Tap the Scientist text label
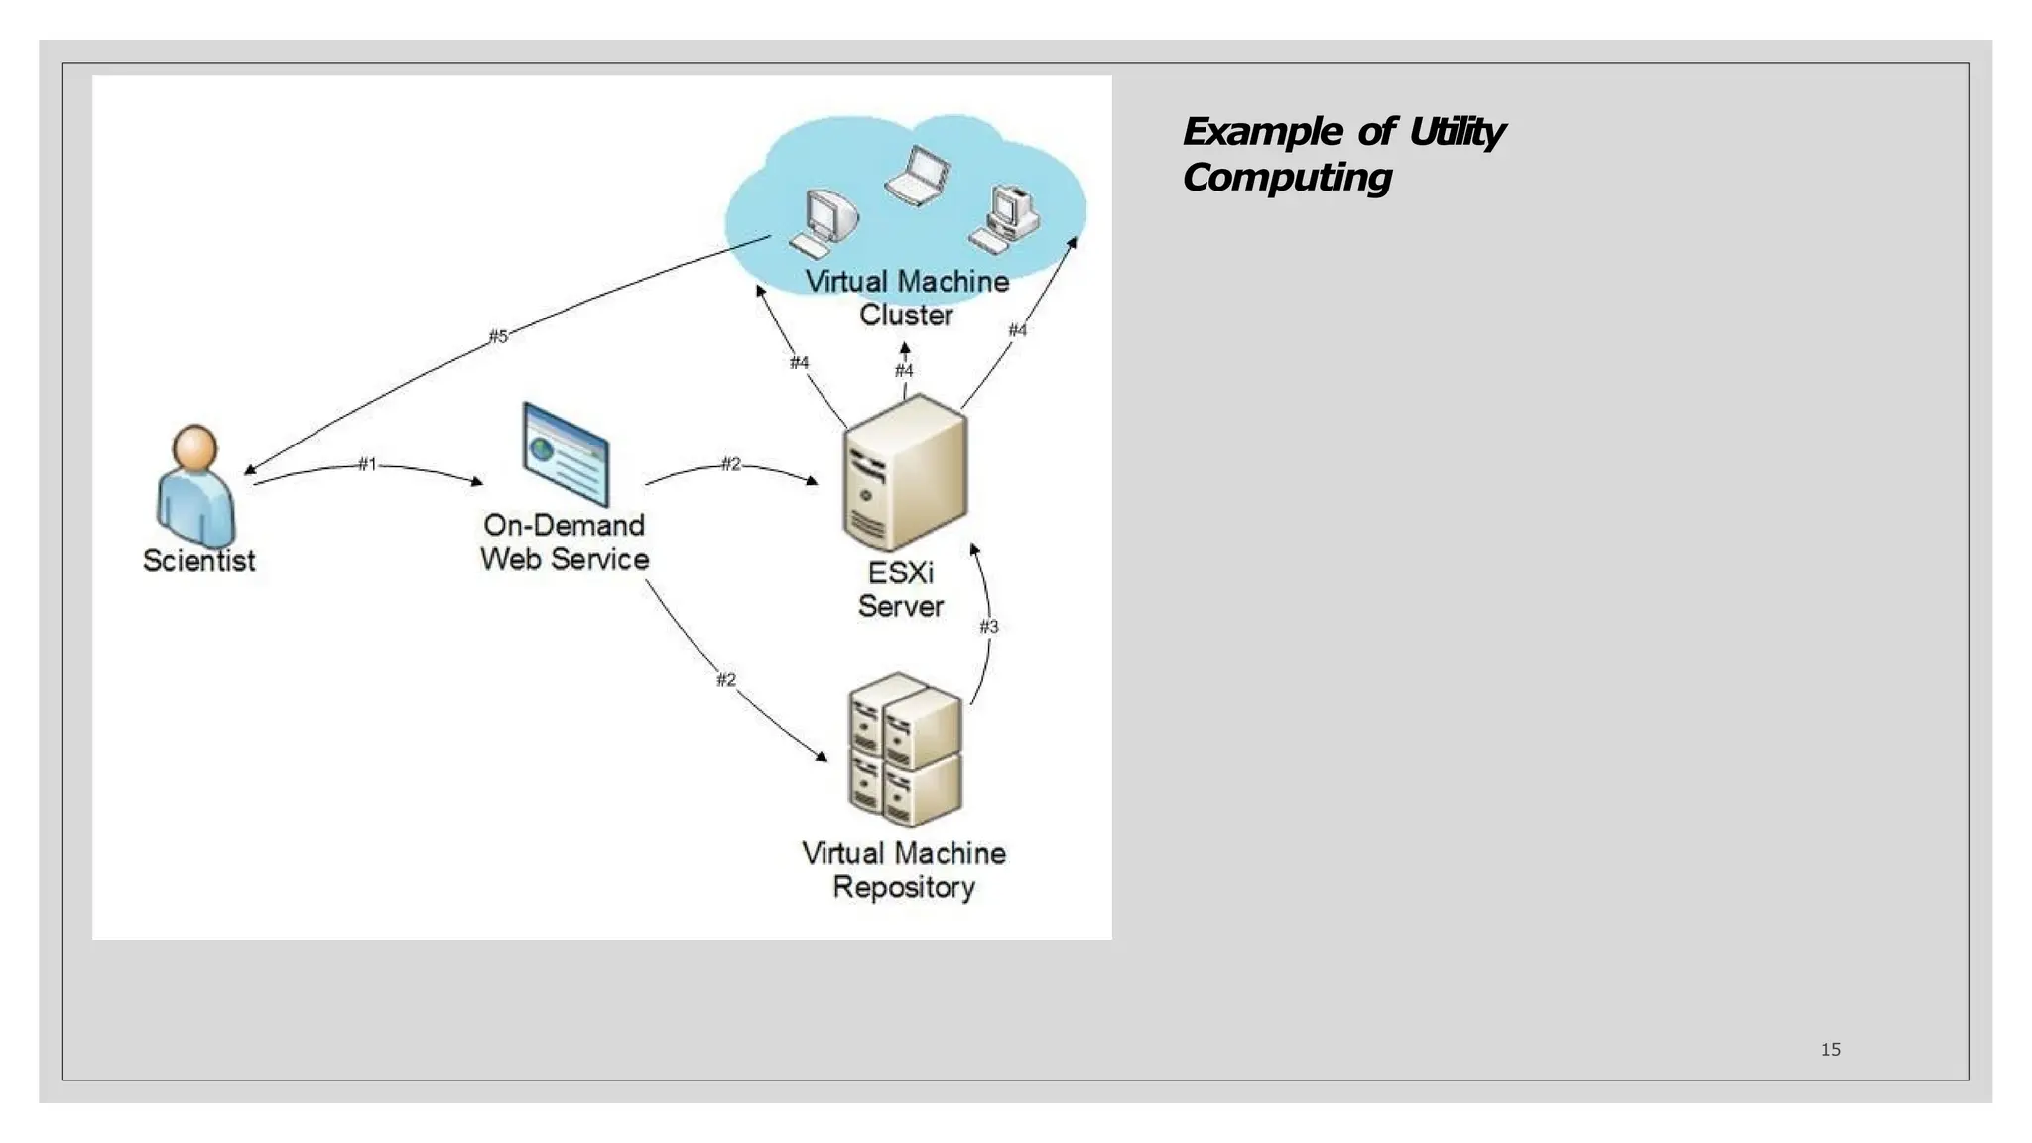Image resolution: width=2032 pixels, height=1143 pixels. (198, 561)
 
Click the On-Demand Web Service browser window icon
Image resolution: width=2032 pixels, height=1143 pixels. (566, 454)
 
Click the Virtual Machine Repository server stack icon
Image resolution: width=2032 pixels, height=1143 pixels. (905, 750)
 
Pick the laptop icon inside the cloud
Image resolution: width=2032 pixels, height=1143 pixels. (918, 177)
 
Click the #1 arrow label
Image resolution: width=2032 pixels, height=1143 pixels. (367, 463)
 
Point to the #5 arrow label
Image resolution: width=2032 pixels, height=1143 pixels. (498, 336)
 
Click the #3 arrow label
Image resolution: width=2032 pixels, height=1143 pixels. (989, 626)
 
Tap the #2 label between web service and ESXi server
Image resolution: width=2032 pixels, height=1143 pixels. (730, 463)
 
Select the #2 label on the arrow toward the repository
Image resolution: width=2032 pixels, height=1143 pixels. (726, 679)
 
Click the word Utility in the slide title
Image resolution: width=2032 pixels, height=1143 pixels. (1456, 131)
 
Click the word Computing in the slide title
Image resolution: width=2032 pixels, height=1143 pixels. (1287, 178)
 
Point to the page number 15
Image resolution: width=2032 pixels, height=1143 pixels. (1830, 1049)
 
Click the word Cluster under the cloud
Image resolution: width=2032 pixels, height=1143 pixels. (905, 316)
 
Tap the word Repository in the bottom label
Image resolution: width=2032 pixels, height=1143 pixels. (903, 887)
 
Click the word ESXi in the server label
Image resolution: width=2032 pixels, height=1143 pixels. (901, 573)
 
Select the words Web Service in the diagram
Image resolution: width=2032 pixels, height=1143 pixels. (565, 559)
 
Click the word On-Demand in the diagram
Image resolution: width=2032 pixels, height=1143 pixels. (564, 525)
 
